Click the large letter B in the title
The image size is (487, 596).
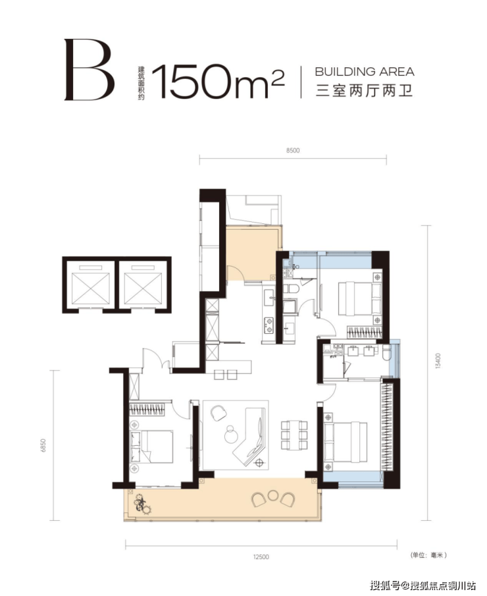point(90,70)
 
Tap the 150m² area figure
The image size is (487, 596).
point(218,82)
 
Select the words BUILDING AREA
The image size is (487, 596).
point(365,72)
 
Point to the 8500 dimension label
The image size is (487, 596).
point(293,150)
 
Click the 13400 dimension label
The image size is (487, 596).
point(438,361)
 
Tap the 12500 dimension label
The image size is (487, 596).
point(261,557)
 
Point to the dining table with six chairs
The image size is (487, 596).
point(294,435)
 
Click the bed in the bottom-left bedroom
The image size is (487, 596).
point(151,447)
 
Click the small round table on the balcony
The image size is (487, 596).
point(272,495)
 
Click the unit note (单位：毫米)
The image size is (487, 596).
point(428,555)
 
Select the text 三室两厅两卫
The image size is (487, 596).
point(365,91)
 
